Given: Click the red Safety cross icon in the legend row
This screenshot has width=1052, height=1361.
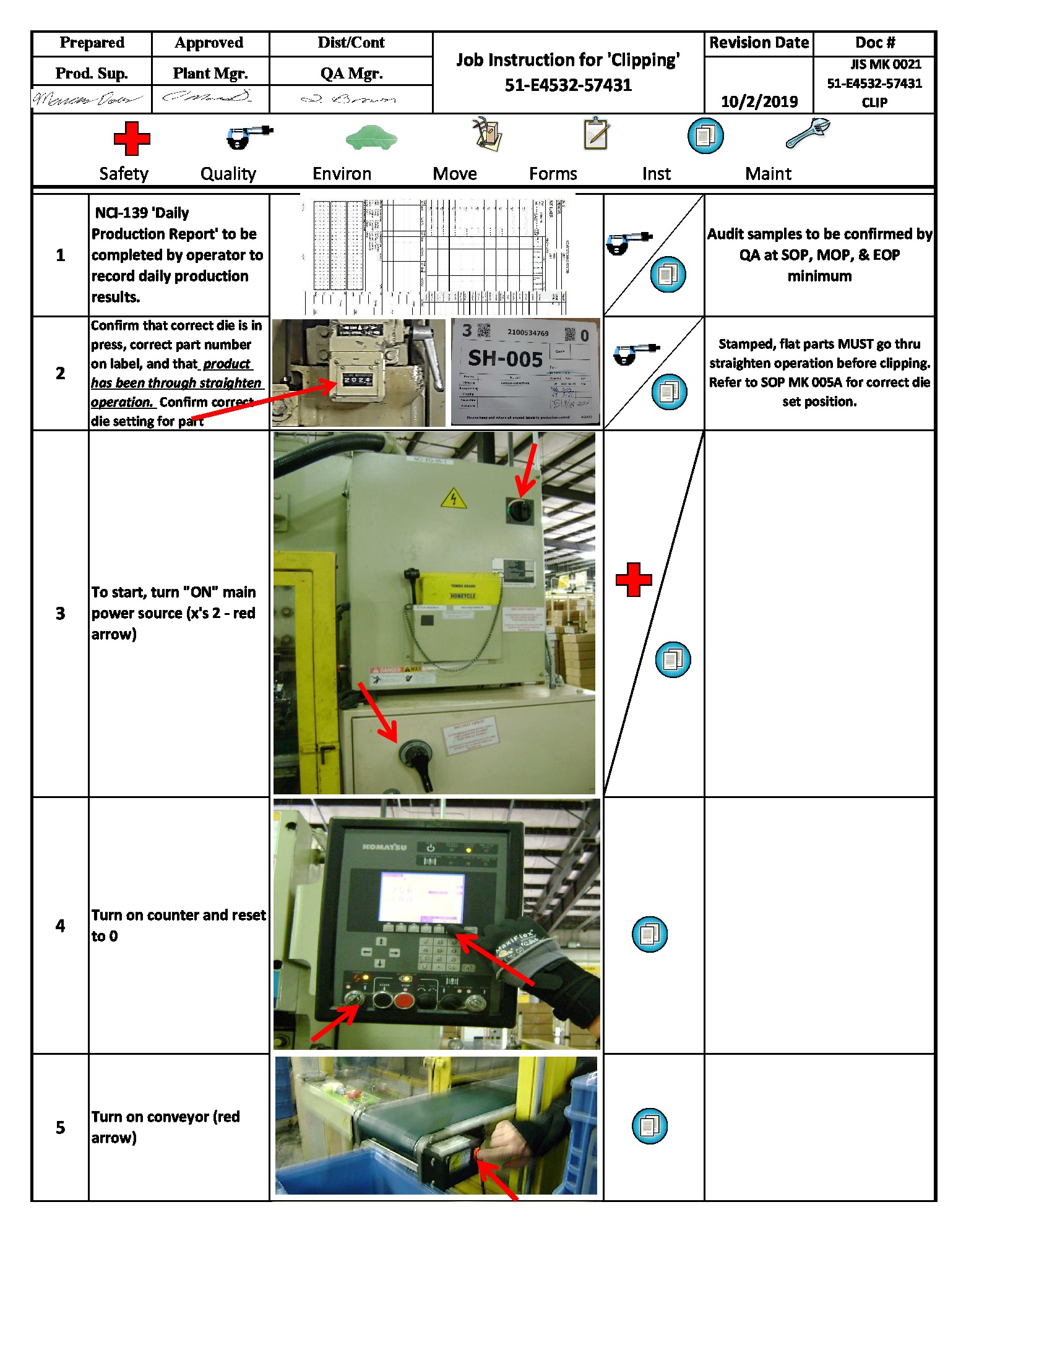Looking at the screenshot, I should pyautogui.click(x=131, y=139).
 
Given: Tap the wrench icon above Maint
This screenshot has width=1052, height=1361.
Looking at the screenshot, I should pyautogui.click(x=808, y=133).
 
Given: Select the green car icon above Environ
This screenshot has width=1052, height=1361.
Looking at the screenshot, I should pyautogui.click(x=371, y=138).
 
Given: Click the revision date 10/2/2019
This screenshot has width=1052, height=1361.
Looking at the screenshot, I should pyautogui.click(x=759, y=101).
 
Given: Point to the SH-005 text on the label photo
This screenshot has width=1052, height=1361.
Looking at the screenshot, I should pyautogui.click(x=505, y=359).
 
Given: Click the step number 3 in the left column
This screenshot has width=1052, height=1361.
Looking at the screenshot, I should pyautogui.click(x=61, y=614).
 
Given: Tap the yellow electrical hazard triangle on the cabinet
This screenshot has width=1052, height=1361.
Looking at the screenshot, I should pyautogui.click(x=453, y=499).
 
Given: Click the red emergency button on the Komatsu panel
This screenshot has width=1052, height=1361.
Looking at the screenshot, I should pyautogui.click(x=404, y=1001).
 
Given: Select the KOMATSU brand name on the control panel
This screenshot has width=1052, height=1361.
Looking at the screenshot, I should pyautogui.click(x=384, y=847).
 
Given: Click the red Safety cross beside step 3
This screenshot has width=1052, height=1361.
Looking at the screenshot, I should pyautogui.click(x=633, y=580).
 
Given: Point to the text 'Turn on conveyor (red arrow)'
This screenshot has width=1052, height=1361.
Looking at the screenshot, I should pyautogui.click(x=166, y=1127).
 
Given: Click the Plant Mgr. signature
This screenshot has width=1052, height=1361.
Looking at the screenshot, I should pyautogui.click(x=207, y=97).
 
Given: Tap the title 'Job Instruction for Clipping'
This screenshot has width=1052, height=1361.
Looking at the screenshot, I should pyautogui.click(x=567, y=60).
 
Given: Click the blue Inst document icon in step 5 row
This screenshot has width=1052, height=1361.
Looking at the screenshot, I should pyautogui.click(x=649, y=1125).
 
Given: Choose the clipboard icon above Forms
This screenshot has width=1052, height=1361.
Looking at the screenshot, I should pyautogui.click(x=596, y=134).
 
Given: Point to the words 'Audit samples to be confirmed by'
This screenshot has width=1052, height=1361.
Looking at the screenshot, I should pyautogui.click(x=819, y=234).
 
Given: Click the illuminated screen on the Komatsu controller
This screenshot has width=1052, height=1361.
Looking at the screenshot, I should pyautogui.click(x=422, y=898).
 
